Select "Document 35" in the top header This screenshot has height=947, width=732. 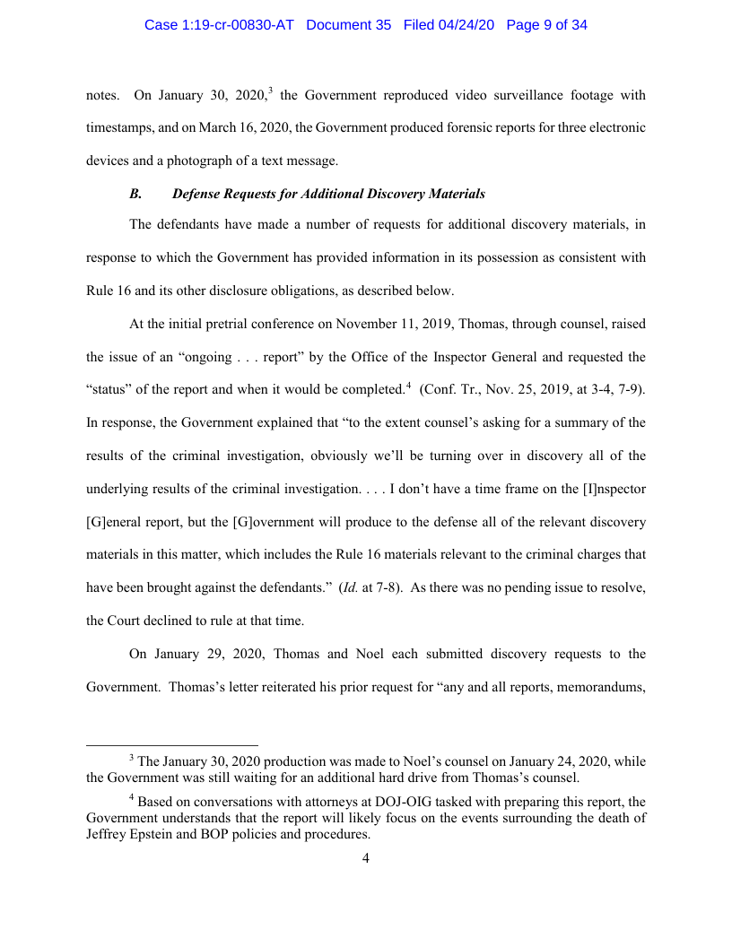(349, 25)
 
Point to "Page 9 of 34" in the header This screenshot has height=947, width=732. (546, 25)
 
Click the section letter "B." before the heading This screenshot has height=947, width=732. (136, 194)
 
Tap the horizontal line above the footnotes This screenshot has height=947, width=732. (171, 744)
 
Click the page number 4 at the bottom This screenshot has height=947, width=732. (366, 860)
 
